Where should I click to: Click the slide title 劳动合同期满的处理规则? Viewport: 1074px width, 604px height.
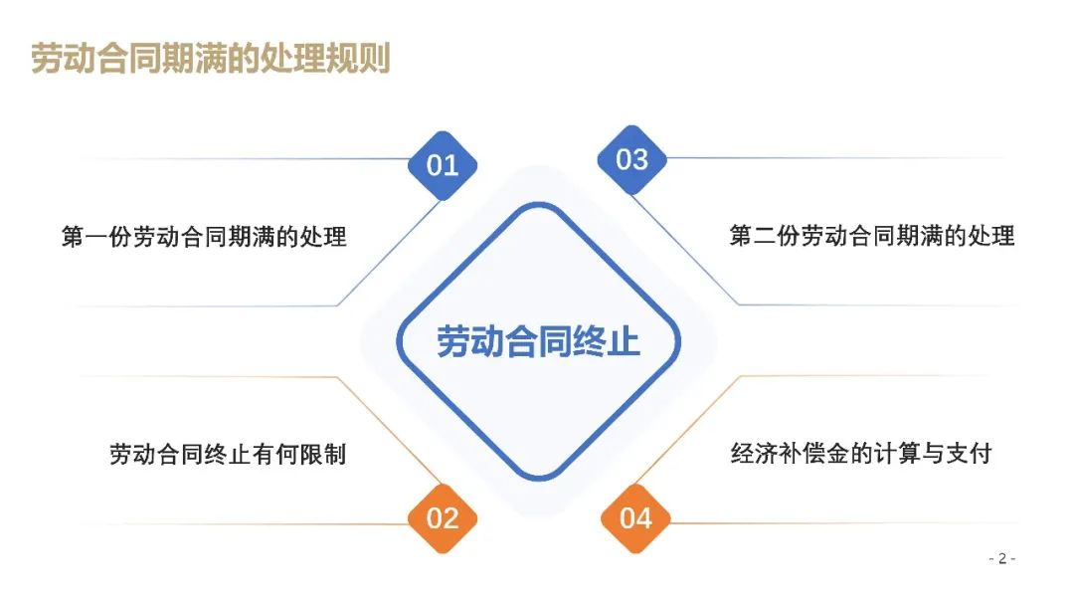[211, 58]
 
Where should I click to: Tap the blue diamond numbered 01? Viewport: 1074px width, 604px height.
[443, 165]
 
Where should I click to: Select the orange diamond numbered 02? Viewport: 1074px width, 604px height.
[443, 518]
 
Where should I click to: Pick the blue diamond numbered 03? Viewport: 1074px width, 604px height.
[631, 160]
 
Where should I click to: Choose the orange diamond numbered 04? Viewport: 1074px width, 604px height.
[635, 518]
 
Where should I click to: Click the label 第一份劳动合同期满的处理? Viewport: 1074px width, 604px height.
[204, 237]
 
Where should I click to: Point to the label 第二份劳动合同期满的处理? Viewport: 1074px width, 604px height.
[872, 236]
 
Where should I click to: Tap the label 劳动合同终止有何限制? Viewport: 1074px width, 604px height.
[228, 454]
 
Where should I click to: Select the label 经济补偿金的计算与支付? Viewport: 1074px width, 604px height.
[861, 453]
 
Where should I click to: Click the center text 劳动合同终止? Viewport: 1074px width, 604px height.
[538, 341]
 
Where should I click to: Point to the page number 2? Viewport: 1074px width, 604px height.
[1002, 559]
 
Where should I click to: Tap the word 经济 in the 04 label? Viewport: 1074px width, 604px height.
[754, 453]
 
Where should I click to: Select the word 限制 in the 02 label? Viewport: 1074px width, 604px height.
[322, 454]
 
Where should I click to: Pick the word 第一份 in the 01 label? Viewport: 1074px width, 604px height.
[96, 237]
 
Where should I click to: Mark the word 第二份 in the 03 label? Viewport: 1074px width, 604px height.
[765, 236]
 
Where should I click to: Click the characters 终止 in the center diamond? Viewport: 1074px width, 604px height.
[607, 341]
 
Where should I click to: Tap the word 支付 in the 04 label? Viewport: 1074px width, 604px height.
[970, 453]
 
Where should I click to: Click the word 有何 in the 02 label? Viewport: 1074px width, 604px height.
[275, 454]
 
